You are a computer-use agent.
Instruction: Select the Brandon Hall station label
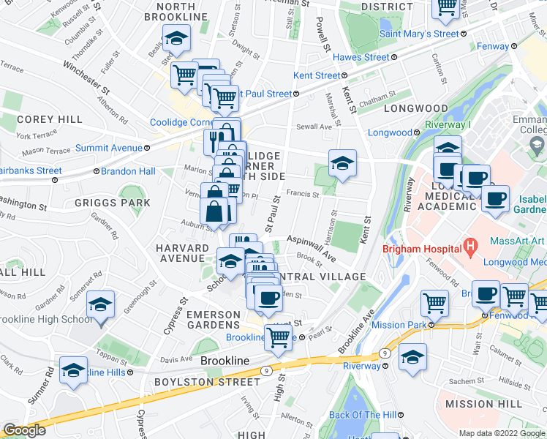coord(127,171)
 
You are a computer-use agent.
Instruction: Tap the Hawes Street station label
coord(361,57)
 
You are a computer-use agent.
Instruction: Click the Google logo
coord(24,430)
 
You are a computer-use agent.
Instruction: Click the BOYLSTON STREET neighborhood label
coord(207,382)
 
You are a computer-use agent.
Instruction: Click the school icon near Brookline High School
coord(100,305)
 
